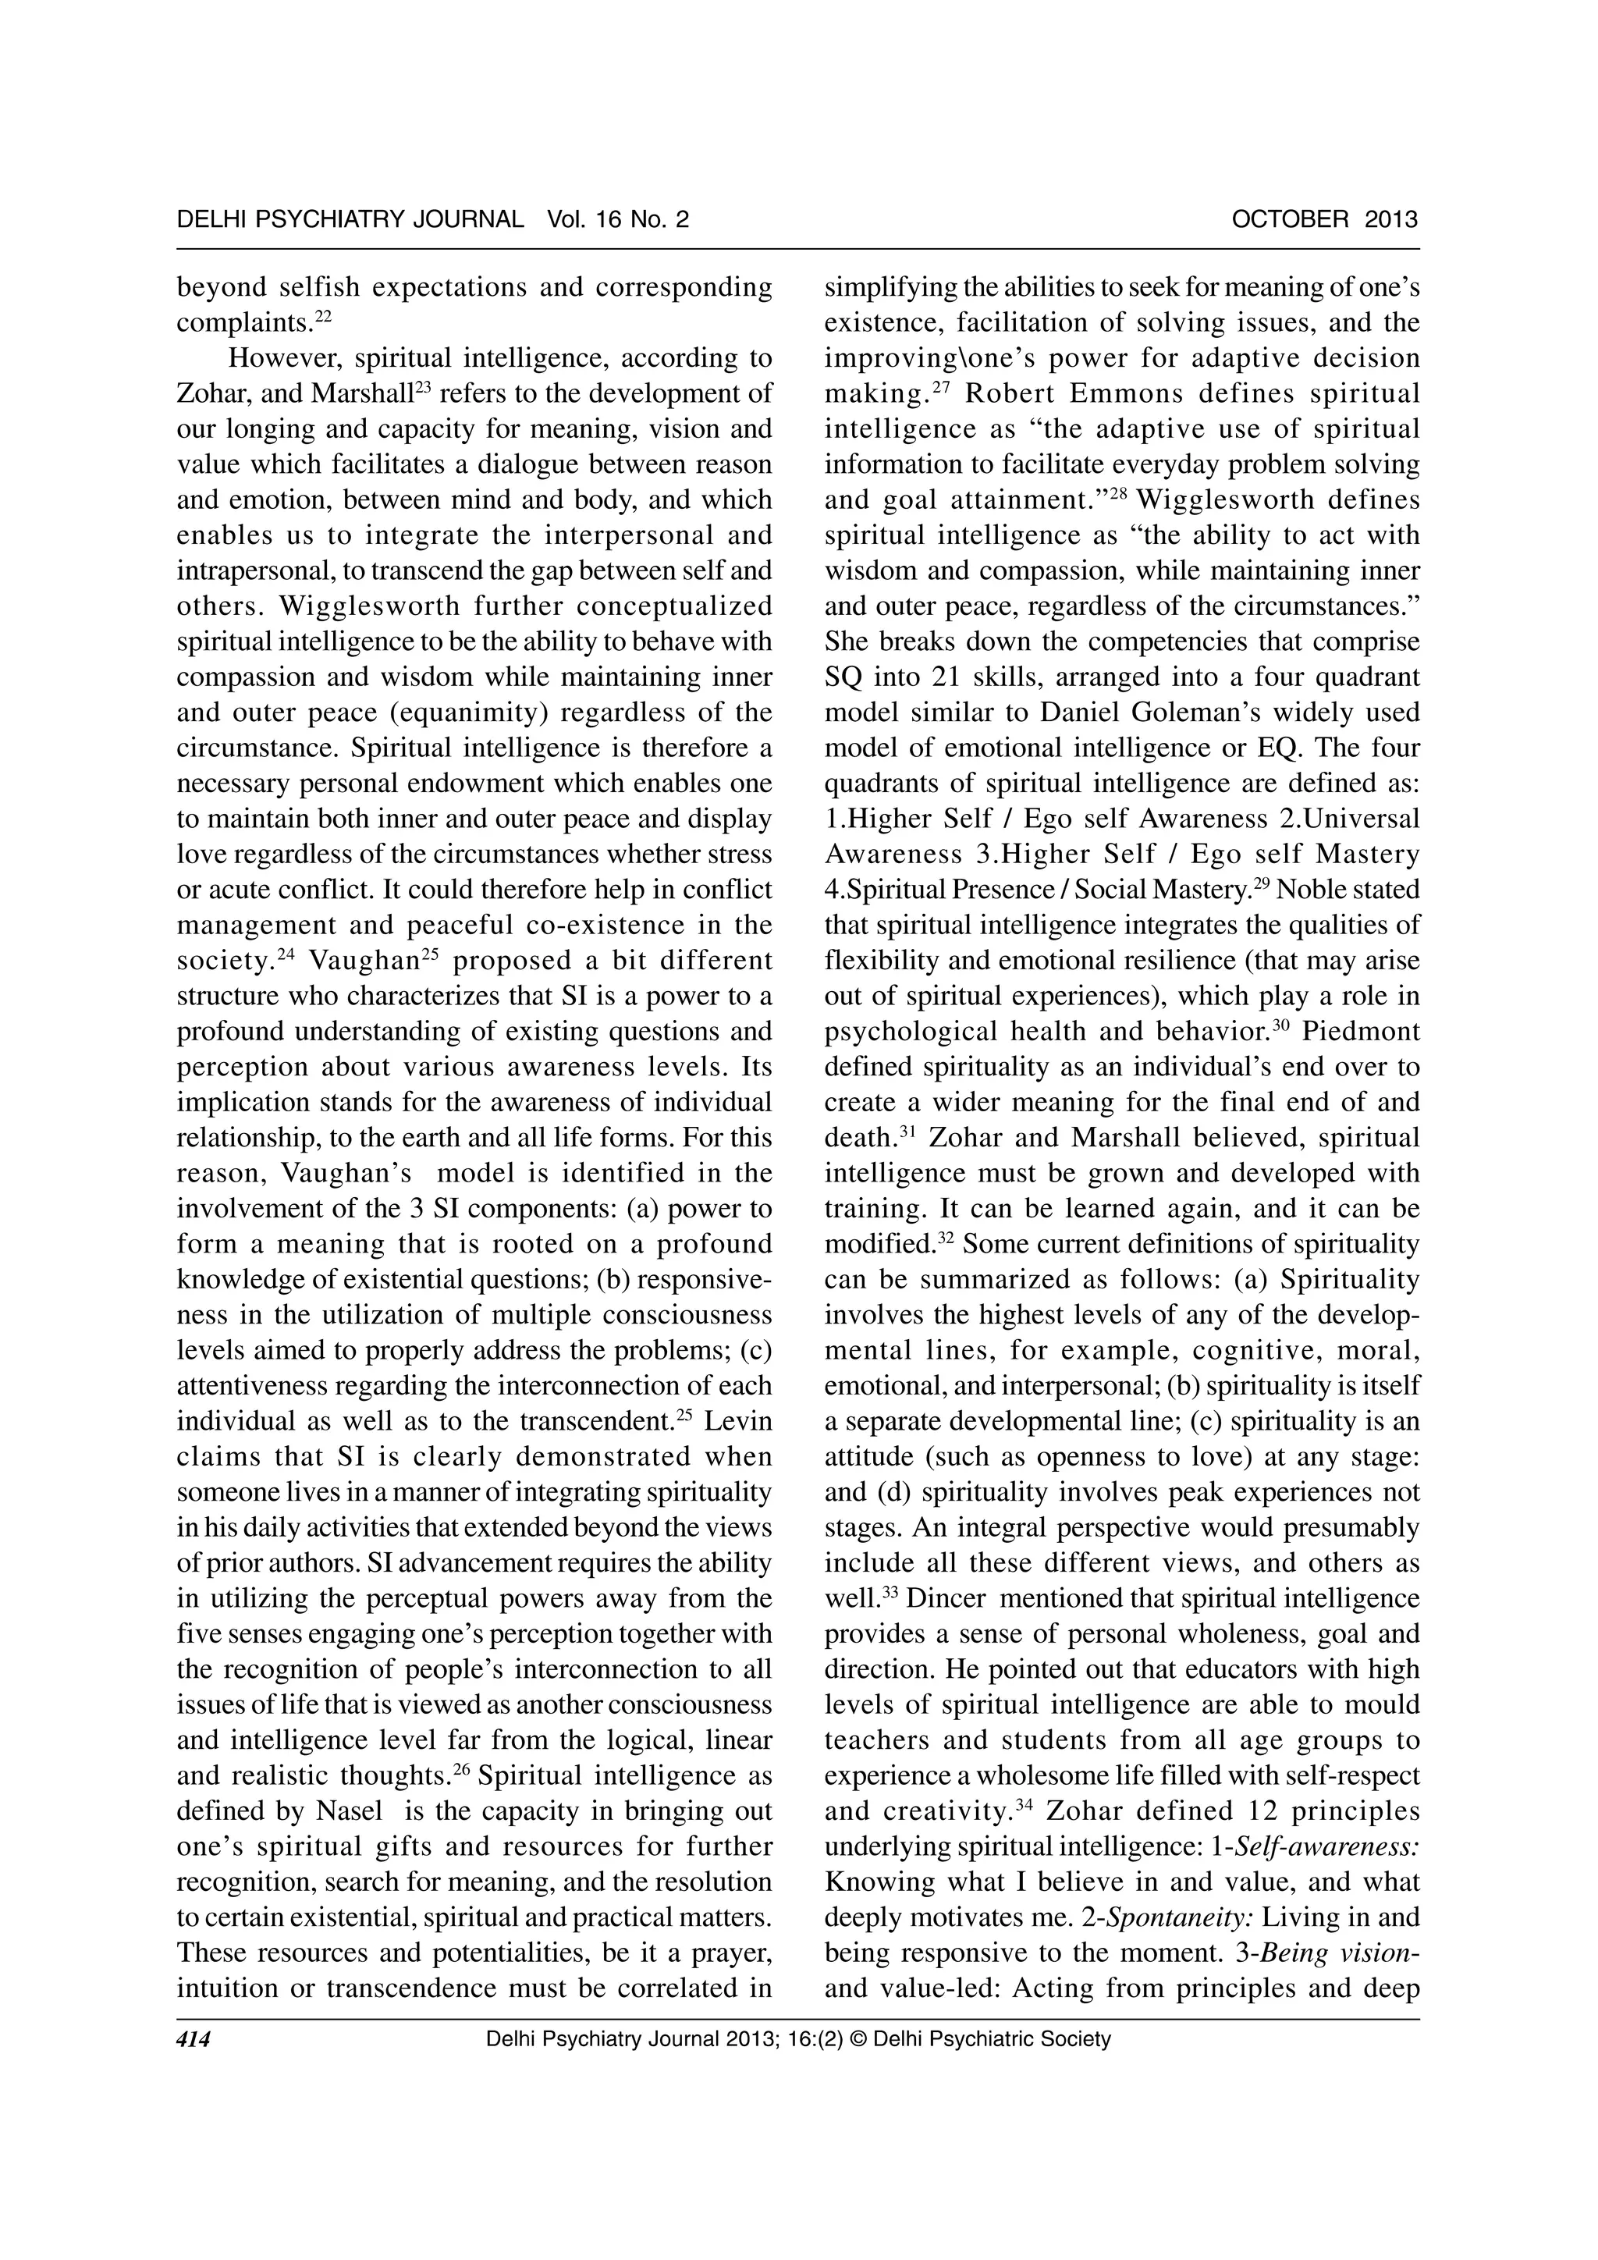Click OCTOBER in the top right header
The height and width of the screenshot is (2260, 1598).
1290,219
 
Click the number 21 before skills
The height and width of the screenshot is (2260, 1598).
893,677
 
